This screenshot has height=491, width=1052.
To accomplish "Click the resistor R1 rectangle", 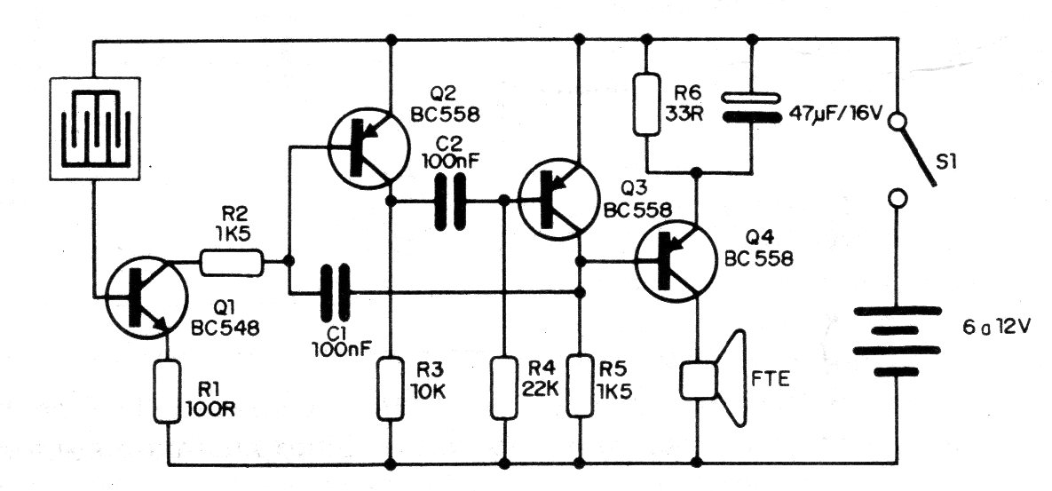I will [168, 391].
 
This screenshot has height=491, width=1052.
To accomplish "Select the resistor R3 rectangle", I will [391, 387].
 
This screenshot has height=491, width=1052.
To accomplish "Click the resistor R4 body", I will [504, 387].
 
